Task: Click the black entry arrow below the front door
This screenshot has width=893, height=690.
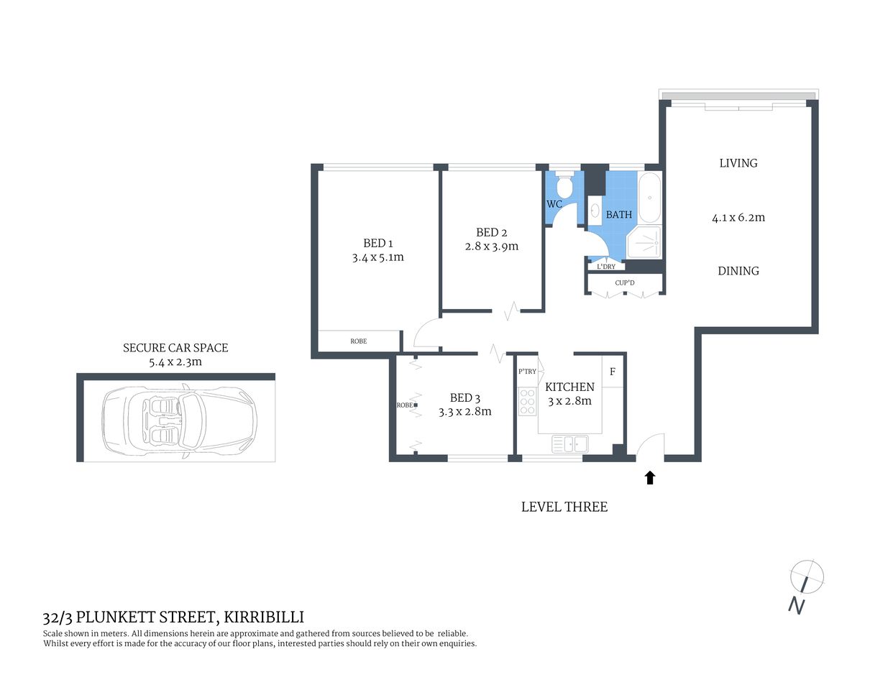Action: pos(650,477)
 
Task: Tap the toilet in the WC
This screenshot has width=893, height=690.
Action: pos(565,186)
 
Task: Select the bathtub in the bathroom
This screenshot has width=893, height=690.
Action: pos(650,198)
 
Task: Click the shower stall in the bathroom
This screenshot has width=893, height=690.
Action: pos(644,243)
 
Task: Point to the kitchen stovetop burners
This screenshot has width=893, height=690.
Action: pos(527,402)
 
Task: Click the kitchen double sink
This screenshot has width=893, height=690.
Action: pos(569,444)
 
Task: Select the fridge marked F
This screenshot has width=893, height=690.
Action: pos(613,372)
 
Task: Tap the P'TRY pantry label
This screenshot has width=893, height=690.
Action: pos(527,372)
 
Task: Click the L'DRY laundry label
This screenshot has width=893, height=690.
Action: pos(606,267)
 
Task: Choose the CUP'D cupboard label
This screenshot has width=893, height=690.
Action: pos(625,283)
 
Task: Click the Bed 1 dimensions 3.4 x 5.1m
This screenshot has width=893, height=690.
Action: pos(377,257)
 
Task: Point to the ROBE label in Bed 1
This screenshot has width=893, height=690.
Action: pos(358,341)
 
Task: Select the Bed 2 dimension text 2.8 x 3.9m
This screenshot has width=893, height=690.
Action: pos(491,247)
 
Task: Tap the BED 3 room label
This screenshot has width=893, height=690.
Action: pos(464,397)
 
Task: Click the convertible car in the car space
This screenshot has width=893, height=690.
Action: pos(179,420)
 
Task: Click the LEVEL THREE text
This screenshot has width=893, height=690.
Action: pos(564,507)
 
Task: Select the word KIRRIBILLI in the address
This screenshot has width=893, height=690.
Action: pos(263,617)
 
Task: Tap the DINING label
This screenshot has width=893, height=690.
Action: pos(738,271)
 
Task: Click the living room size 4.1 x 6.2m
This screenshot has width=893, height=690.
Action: pos(738,217)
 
